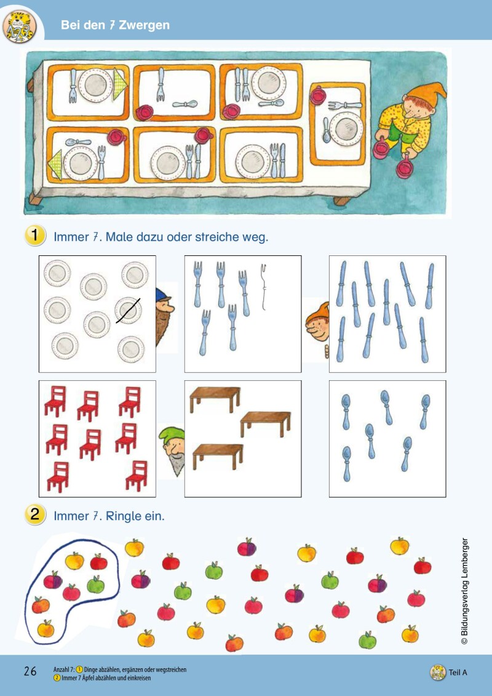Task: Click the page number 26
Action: (x=30, y=671)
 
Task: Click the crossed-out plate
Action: (x=129, y=310)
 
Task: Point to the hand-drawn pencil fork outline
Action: (x=264, y=286)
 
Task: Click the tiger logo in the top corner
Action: (x=19, y=26)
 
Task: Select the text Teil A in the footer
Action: (x=458, y=672)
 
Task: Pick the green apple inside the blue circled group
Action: (x=95, y=584)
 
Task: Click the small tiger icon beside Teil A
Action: (x=437, y=672)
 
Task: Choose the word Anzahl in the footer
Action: (x=63, y=669)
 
